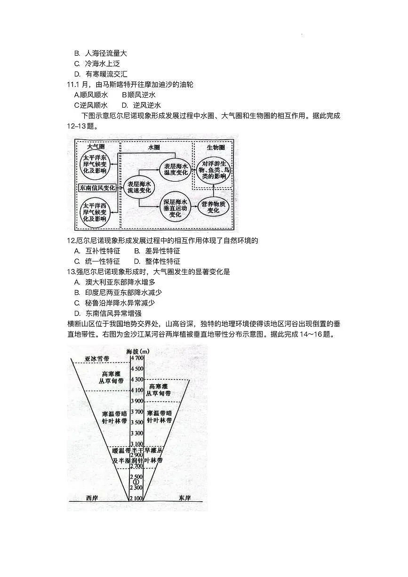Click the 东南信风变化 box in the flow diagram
[97, 188]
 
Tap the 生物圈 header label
[216, 147]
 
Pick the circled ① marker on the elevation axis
[136, 482]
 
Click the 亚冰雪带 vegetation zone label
[96, 358]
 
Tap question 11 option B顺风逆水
[138, 95]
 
